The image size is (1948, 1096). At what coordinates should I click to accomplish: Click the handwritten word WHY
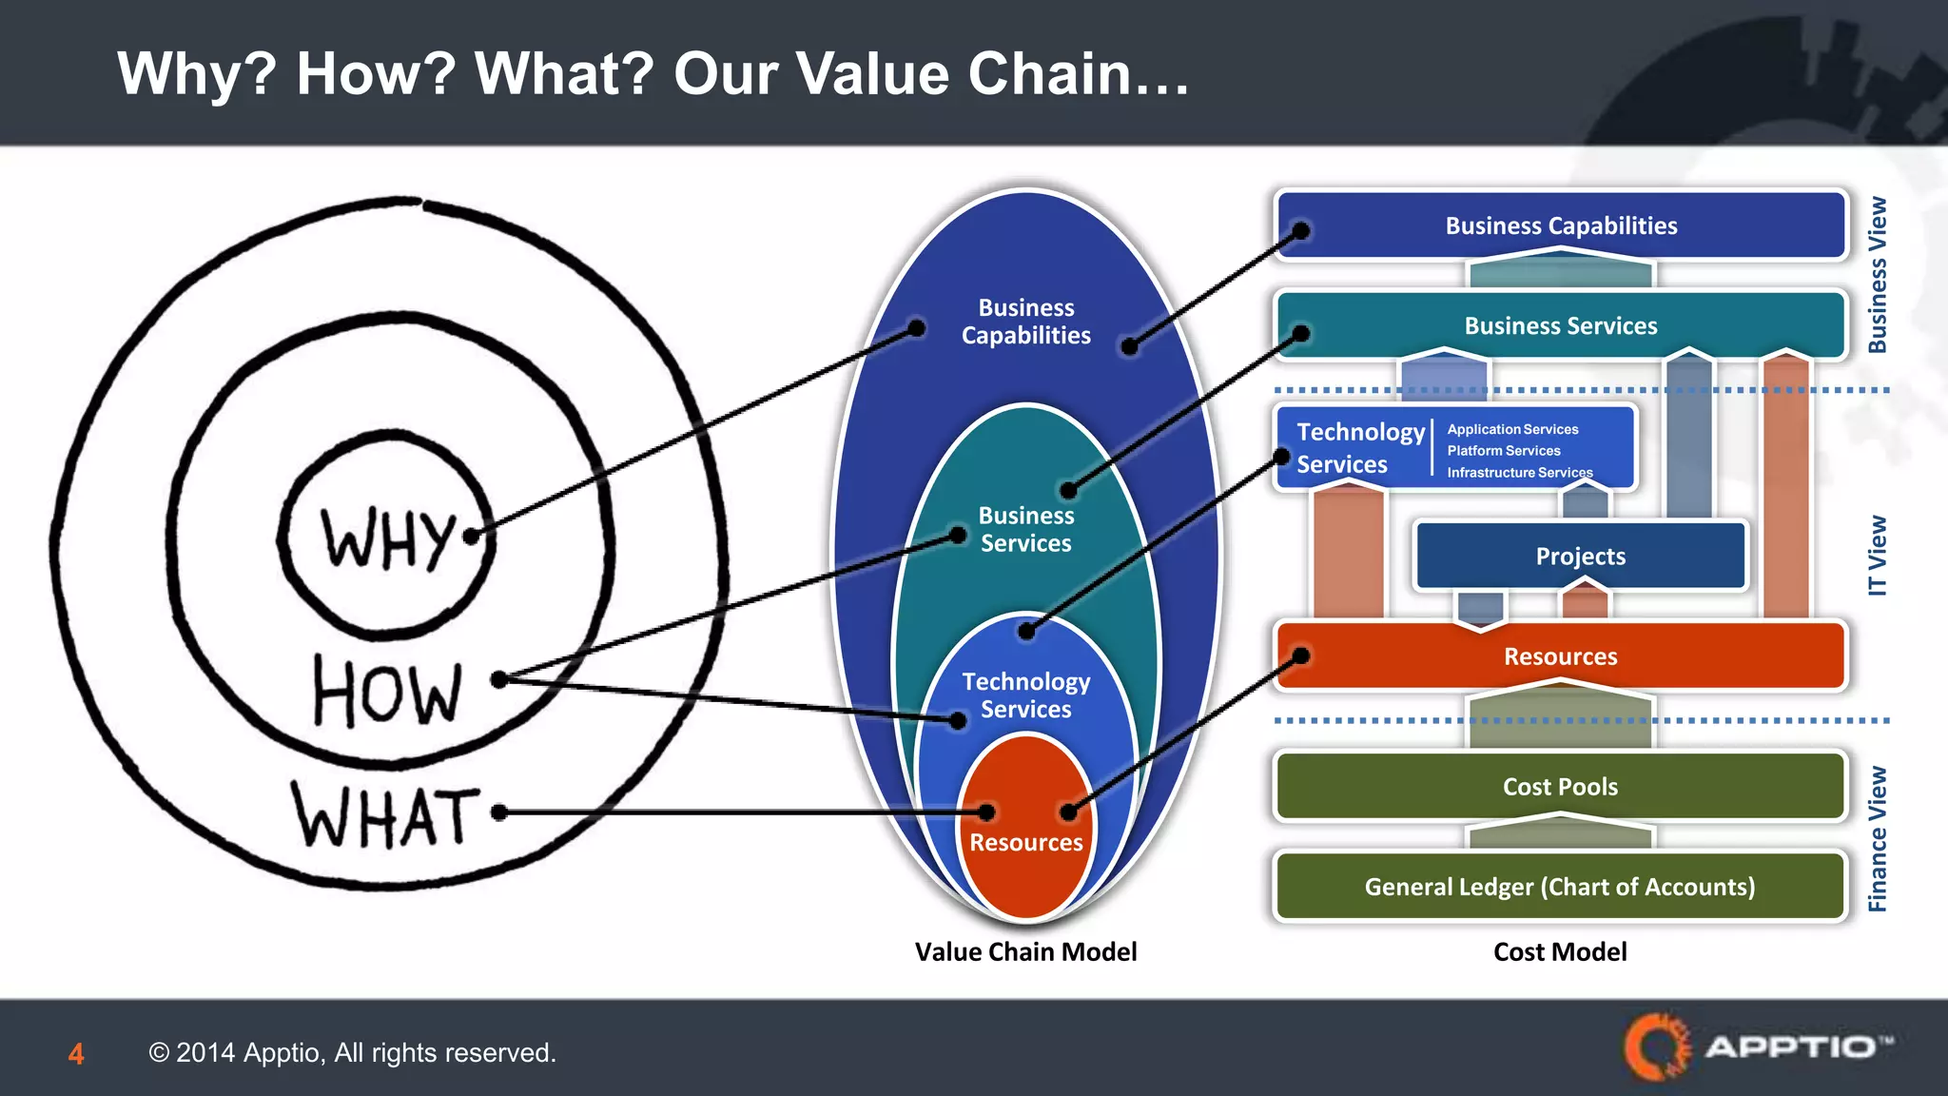click(388, 539)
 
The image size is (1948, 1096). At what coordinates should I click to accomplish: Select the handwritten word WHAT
click(385, 815)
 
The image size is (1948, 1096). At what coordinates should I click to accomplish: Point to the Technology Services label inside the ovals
click(1025, 695)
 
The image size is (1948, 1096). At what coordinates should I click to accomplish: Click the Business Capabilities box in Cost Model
click(1561, 225)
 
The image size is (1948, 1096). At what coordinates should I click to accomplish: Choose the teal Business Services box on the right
click(1561, 326)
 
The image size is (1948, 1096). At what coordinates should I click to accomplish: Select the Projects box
click(1580, 557)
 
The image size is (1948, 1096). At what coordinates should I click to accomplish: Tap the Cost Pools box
click(1560, 787)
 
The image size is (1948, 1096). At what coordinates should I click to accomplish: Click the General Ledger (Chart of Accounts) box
click(1560, 887)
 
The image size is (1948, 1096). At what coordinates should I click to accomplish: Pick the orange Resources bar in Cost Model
click(1560, 656)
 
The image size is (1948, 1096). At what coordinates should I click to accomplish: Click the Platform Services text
click(1504, 451)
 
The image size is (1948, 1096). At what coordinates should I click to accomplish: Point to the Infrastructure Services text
click(1519, 473)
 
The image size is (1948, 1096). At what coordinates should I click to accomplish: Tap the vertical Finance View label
click(1877, 839)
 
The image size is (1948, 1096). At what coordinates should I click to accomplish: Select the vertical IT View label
click(1877, 556)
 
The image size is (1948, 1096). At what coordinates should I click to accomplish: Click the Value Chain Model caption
click(1025, 951)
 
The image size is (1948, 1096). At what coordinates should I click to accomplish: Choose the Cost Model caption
click(1560, 951)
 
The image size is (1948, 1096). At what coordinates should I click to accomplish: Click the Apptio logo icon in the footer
click(1657, 1047)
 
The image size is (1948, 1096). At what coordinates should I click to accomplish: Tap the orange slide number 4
click(76, 1054)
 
